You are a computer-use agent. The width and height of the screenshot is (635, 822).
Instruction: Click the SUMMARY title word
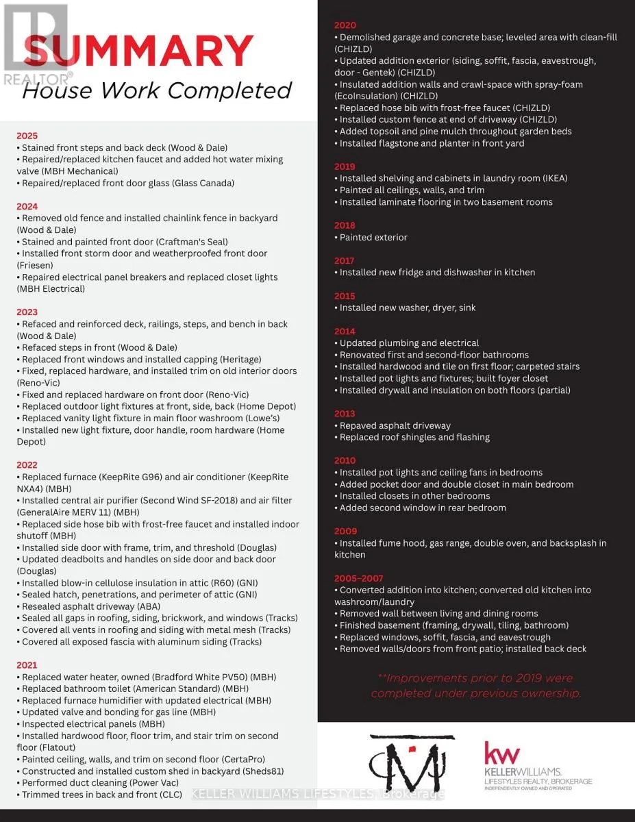(137, 51)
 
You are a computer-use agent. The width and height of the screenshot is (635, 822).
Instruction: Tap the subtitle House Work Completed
(157, 90)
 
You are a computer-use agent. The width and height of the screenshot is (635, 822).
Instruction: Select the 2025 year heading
(27, 136)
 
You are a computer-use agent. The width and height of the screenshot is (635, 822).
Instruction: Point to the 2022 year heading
(27, 465)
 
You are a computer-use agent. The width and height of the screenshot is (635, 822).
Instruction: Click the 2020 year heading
(345, 25)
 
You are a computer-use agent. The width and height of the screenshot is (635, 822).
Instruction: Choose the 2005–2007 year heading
(360, 578)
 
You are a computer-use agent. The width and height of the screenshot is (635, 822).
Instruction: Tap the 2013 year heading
(345, 414)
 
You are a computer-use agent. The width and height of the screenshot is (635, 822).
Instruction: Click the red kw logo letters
(502, 754)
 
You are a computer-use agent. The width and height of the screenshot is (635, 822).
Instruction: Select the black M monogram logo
(412, 762)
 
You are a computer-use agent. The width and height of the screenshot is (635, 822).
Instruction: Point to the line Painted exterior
(373, 237)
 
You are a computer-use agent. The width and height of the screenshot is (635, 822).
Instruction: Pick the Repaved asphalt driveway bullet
(395, 425)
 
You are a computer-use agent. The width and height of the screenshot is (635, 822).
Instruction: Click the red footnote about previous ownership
(475, 686)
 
